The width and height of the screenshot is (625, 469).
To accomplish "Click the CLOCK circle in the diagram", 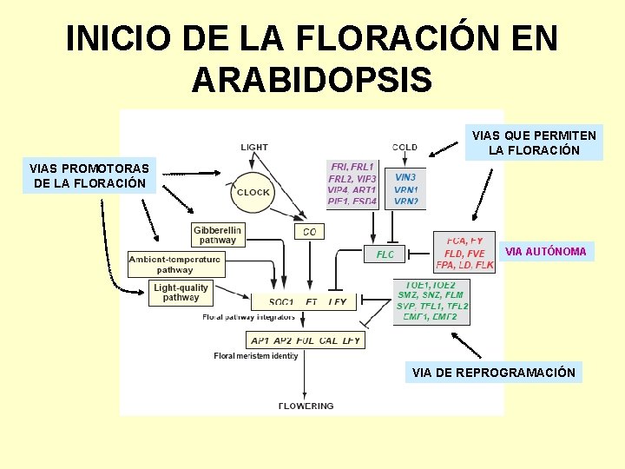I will (253, 192).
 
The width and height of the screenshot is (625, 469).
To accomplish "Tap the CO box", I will (310, 232).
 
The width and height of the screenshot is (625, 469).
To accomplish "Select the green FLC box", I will (385, 254).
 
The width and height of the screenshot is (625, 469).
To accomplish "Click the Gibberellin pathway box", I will (217, 234).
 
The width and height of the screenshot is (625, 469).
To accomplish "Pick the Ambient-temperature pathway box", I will (175, 264).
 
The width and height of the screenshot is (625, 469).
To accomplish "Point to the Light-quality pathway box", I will (181, 293).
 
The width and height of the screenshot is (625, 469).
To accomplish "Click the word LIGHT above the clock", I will (254, 147).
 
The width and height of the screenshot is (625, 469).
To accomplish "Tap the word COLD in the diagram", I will (405, 147).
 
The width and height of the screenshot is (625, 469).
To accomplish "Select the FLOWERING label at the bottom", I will (306, 406).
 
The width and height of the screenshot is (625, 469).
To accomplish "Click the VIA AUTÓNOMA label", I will (545, 252).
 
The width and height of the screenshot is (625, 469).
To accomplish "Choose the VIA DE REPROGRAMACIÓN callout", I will (493, 373).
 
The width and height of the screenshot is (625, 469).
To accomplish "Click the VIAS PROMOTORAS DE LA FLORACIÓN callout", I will (89, 175).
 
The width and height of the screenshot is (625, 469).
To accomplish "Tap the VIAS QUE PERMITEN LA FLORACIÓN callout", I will (534, 143).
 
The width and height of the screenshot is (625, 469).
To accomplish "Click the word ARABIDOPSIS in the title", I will (312, 80).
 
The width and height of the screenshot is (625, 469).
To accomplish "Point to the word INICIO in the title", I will (119, 38).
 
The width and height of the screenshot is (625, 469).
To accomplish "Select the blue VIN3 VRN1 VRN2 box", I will (405, 188).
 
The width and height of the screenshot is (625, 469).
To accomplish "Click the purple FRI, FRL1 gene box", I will (352, 183).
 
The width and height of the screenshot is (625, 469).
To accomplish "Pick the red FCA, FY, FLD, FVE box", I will (464, 253).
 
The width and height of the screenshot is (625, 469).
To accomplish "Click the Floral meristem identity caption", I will (255, 356).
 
